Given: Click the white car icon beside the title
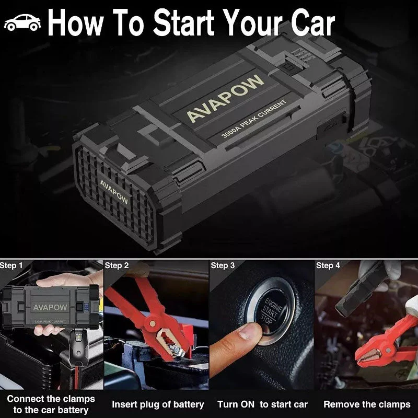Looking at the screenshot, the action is point(22,22).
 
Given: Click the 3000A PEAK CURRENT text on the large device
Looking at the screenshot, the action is point(254,119).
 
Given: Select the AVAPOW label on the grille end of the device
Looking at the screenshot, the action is point(114,192).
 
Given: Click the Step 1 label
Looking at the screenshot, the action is point(11,265).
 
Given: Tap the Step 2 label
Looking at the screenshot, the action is point(117,265).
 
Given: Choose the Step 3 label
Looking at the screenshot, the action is point(223,265).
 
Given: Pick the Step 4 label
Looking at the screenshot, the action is point(328,265).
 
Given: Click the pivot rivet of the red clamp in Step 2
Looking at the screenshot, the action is point(153,323).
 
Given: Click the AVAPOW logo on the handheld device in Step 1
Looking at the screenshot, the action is point(50,307).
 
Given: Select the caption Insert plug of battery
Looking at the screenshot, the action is point(158,404).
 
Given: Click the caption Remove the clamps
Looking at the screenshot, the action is point(367,404).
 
